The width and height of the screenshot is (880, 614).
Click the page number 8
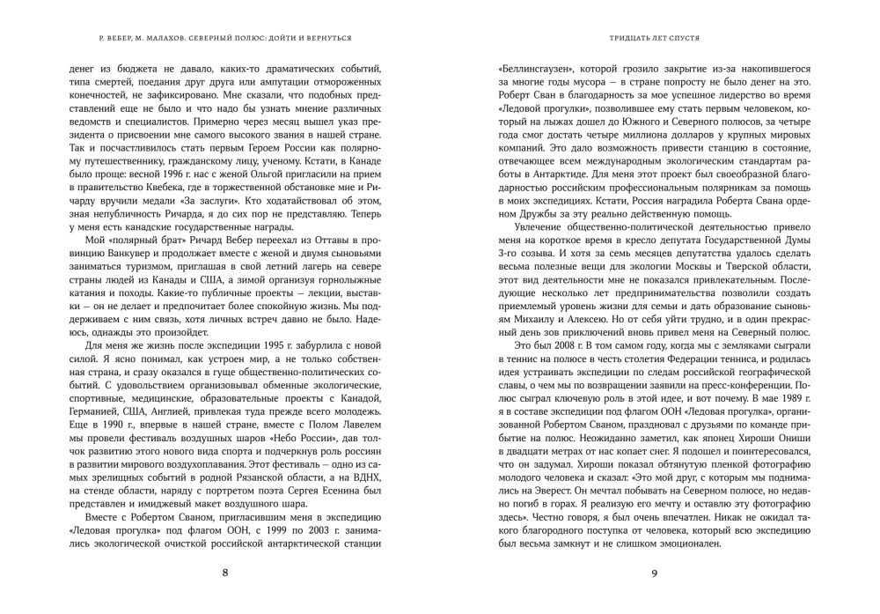point(226,573)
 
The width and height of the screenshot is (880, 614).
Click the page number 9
point(654,573)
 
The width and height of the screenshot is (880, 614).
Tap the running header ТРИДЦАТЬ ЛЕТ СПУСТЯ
point(654,39)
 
